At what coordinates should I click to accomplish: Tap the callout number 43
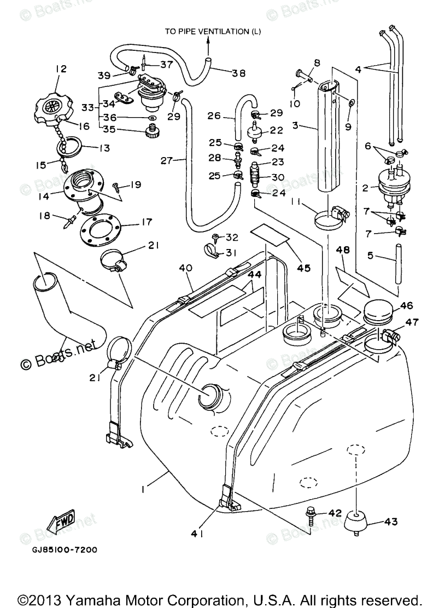(390, 522)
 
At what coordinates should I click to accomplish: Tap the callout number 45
(303, 268)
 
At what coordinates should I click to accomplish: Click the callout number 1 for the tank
(143, 491)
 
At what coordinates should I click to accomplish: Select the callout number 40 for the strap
(186, 268)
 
